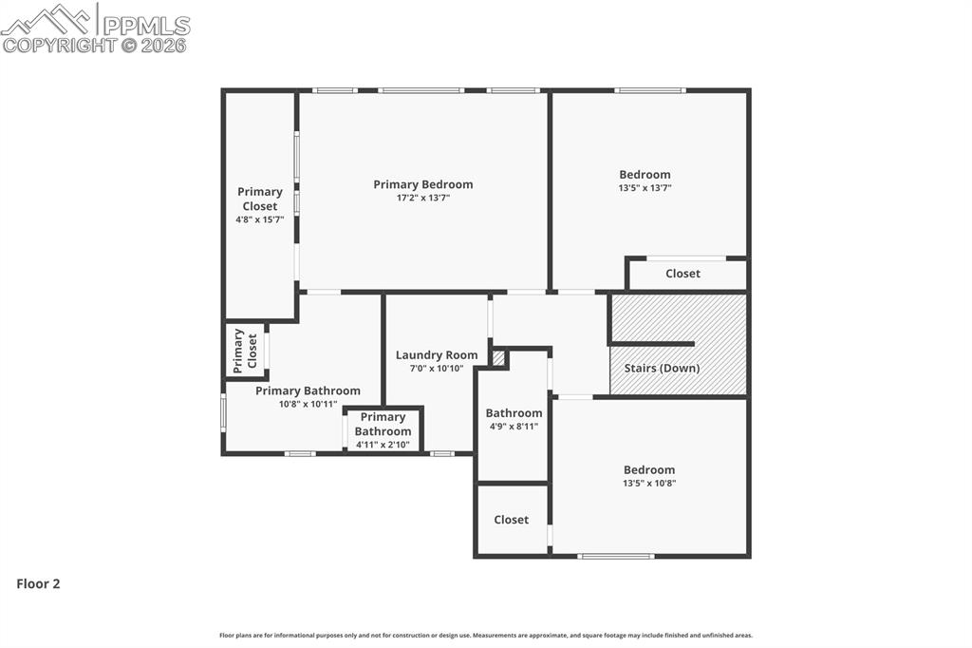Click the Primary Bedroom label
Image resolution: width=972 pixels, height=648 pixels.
[x=422, y=184]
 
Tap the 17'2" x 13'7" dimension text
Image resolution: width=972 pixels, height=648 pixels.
[x=422, y=199]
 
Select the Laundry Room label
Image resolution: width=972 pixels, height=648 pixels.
[x=437, y=355]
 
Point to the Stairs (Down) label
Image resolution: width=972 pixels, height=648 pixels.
[x=662, y=368]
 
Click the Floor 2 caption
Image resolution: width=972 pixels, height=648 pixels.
[x=38, y=584]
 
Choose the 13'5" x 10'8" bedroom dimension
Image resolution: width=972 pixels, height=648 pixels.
[x=649, y=483]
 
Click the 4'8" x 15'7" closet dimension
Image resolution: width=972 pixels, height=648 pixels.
[x=259, y=219]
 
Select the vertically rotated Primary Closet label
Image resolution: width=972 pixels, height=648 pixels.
[x=246, y=351]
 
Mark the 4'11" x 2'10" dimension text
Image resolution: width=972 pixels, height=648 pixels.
[x=383, y=445]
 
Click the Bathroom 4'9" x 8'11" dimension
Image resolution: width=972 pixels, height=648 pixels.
[x=514, y=427]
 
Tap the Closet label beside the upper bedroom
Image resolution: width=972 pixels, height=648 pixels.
[x=682, y=274]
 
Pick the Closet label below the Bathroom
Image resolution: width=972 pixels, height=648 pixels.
[x=511, y=520]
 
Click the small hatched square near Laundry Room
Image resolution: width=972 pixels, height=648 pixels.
[x=498, y=358]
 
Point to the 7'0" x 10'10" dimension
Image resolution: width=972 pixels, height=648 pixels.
[x=437, y=369]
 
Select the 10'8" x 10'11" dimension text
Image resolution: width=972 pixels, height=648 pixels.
[x=308, y=404]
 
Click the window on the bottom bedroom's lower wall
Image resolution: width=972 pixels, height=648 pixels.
[x=615, y=556]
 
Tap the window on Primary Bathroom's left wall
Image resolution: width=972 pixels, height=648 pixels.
[x=223, y=413]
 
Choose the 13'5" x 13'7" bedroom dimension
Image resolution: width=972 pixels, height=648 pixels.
[x=645, y=188]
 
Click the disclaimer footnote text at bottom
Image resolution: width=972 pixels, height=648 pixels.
[x=485, y=636]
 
